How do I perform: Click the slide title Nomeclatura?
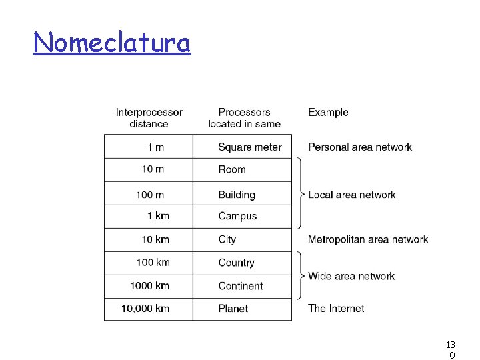(x=112, y=43)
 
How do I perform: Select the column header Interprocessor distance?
(x=149, y=118)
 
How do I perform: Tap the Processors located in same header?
(x=244, y=118)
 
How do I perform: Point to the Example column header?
(x=328, y=112)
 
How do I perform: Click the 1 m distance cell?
(x=156, y=147)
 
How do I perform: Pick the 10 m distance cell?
(x=153, y=169)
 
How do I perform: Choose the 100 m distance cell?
(x=150, y=195)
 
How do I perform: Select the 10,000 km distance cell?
(x=145, y=309)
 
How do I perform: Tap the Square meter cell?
(x=250, y=147)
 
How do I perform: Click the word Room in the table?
(x=232, y=170)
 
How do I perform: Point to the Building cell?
(x=237, y=195)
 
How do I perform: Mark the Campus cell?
(x=237, y=216)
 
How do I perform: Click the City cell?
(x=227, y=239)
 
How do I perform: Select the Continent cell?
(x=241, y=286)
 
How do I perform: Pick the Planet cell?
(x=233, y=309)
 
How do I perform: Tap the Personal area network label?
(x=360, y=147)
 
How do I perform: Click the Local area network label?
(x=352, y=195)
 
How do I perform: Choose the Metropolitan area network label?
(x=368, y=239)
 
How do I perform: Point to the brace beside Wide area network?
(x=302, y=275)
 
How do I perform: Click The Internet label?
(x=336, y=309)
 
